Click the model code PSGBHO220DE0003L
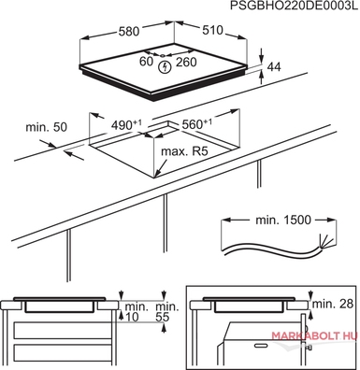point(295,6)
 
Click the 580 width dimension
point(129,31)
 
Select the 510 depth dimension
point(213,30)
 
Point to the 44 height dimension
point(274,66)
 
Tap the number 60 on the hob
point(146,62)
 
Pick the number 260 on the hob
point(186,62)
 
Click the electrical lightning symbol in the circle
point(165,67)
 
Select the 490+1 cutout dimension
point(126,125)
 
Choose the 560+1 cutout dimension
point(196,124)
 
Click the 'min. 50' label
point(46,127)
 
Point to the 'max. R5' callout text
point(184,151)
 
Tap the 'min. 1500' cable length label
point(283,220)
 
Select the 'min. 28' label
point(333,304)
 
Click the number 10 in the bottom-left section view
point(132,317)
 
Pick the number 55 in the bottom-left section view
point(162,317)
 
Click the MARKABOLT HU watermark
point(314,336)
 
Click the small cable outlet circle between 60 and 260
point(163,56)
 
